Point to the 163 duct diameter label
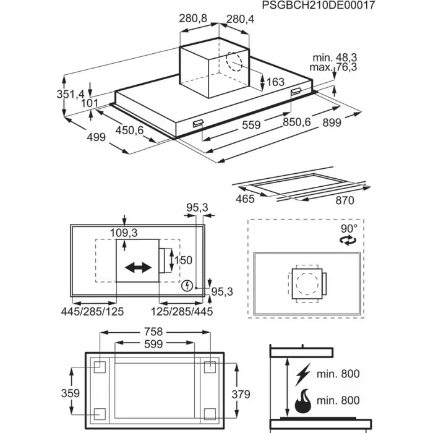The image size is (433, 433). point(275,82)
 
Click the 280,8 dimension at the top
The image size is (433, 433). point(193,19)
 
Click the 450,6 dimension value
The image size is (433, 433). point(129,130)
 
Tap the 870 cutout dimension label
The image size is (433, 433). point(345,200)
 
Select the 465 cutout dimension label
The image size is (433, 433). point(246,199)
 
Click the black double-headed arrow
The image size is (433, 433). point(138,268)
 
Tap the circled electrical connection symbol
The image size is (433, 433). point(187,286)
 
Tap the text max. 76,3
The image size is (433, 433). point(334,67)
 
